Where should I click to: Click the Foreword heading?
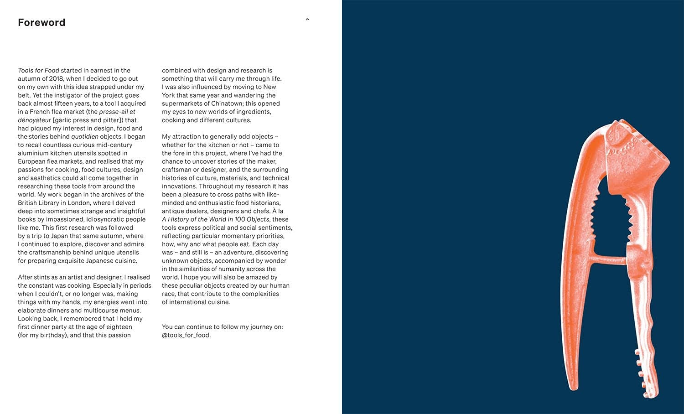click(x=41, y=23)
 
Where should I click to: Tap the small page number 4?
click(x=308, y=19)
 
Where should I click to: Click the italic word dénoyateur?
click(x=34, y=120)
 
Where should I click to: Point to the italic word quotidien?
click(x=84, y=137)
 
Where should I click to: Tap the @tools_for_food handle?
click(x=186, y=335)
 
